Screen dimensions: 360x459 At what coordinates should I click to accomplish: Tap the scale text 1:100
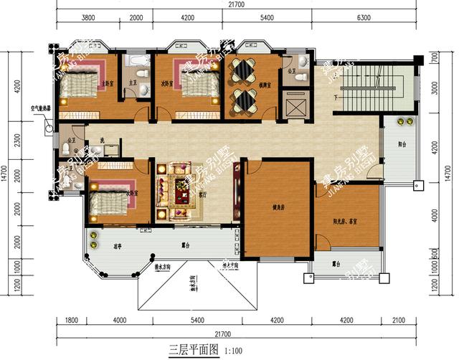coord(235,351)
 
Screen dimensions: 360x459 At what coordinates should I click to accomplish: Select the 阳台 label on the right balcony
coord(402,145)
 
